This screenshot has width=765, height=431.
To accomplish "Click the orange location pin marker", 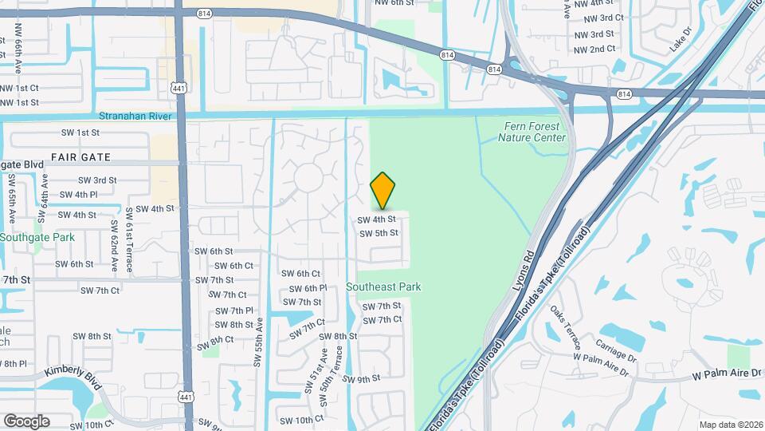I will (x=383, y=190).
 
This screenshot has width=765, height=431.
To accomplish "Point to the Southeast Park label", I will (x=384, y=287).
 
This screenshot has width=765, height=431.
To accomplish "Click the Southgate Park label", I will (x=37, y=237).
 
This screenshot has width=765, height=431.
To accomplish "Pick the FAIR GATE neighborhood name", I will (x=80, y=156).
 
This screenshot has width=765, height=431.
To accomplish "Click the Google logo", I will (x=26, y=421).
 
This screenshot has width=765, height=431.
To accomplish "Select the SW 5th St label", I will (x=379, y=234).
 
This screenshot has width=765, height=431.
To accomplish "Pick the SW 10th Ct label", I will (x=302, y=419).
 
